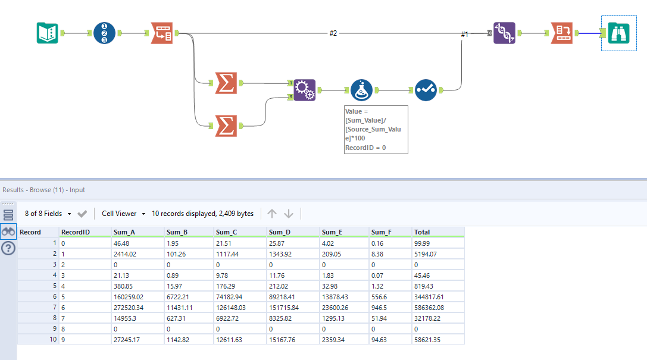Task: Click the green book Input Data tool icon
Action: tap(48, 33)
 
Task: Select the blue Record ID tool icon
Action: tap(105, 33)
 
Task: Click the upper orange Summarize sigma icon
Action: tap(225, 83)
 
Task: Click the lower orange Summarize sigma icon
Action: tap(225, 126)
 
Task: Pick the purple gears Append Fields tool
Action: tap(305, 90)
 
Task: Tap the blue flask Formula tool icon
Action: tap(362, 90)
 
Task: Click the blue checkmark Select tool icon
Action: tap(425, 90)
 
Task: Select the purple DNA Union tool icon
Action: tap(504, 33)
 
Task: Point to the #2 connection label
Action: tap(333, 33)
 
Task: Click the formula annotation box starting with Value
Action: tap(376, 129)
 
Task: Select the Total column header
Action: tap(422, 232)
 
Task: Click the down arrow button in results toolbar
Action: tap(289, 214)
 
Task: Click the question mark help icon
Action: tap(8, 249)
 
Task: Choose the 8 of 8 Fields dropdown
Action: tap(48, 214)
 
